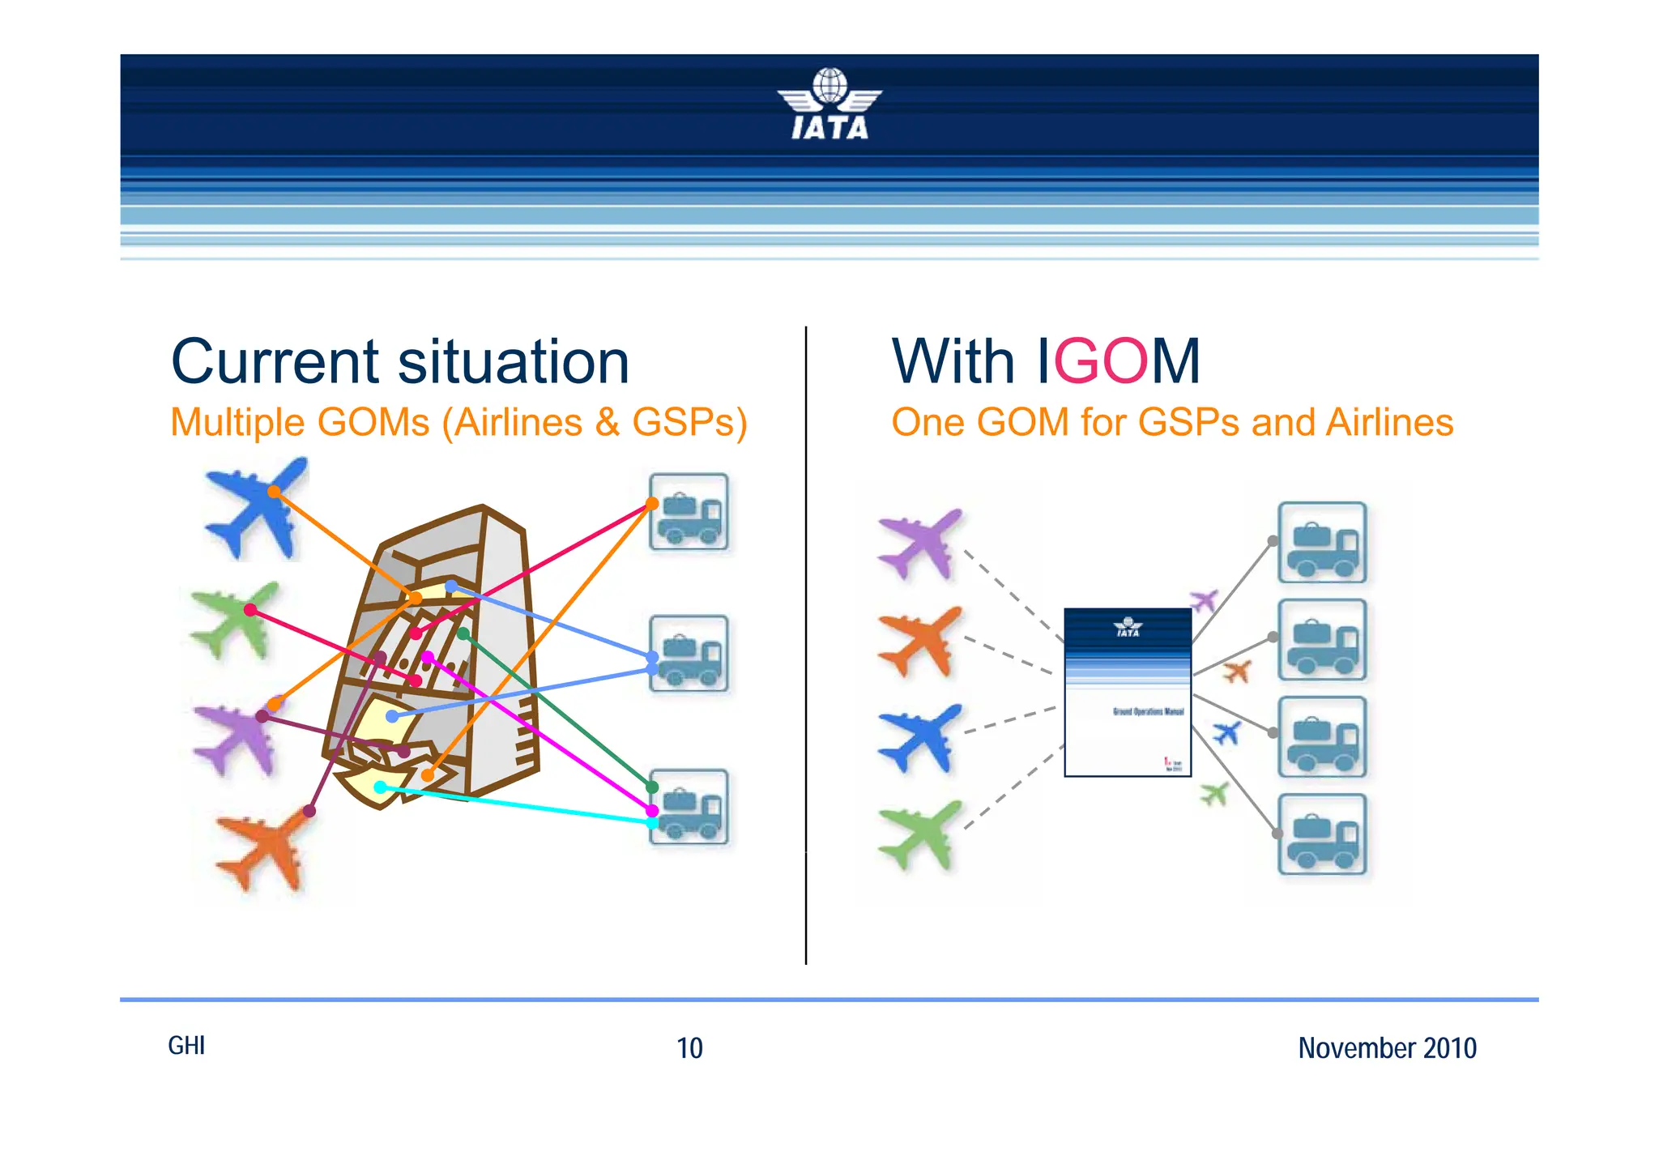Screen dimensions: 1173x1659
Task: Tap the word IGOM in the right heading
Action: coord(1119,362)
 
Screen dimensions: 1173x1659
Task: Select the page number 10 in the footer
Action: coord(689,1048)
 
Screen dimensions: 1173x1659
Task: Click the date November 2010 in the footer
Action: coord(1387,1048)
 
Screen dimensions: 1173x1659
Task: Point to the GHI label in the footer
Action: coord(186,1046)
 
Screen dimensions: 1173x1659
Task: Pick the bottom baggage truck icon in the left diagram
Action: coord(689,808)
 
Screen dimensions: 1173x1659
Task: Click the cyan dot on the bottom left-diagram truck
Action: coord(652,823)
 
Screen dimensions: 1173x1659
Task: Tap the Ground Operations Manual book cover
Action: coord(1128,693)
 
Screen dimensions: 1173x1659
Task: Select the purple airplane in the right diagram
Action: coord(922,544)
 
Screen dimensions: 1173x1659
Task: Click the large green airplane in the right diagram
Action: coord(922,835)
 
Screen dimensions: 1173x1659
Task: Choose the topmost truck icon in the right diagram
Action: coord(1322,543)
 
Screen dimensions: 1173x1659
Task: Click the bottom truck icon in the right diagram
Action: coord(1322,834)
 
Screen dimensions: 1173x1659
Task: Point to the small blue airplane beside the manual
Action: coord(1226,733)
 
